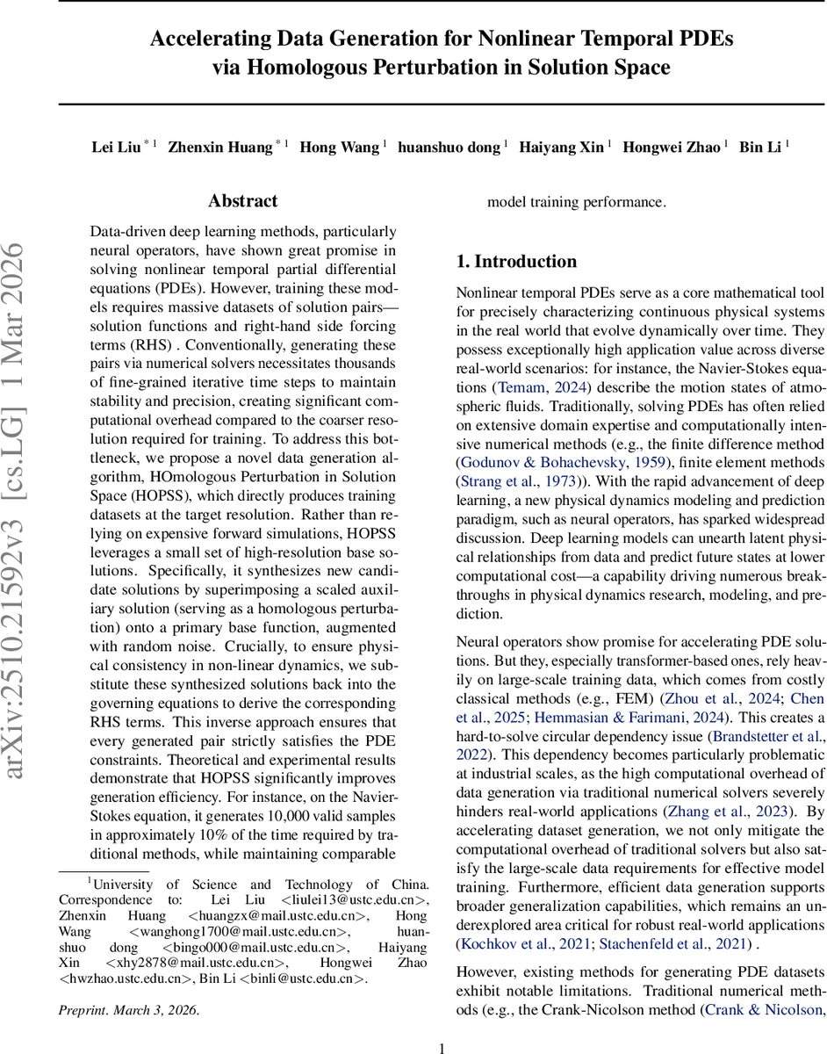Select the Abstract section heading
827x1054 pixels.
tap(243, 201)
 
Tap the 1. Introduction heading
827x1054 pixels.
tap(516, 261)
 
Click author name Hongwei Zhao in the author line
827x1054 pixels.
tap(672, 147)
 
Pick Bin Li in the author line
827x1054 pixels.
tap(760, 147)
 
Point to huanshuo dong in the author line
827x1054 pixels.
tap(449, 147)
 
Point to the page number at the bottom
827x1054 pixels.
tap(442, 1047)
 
